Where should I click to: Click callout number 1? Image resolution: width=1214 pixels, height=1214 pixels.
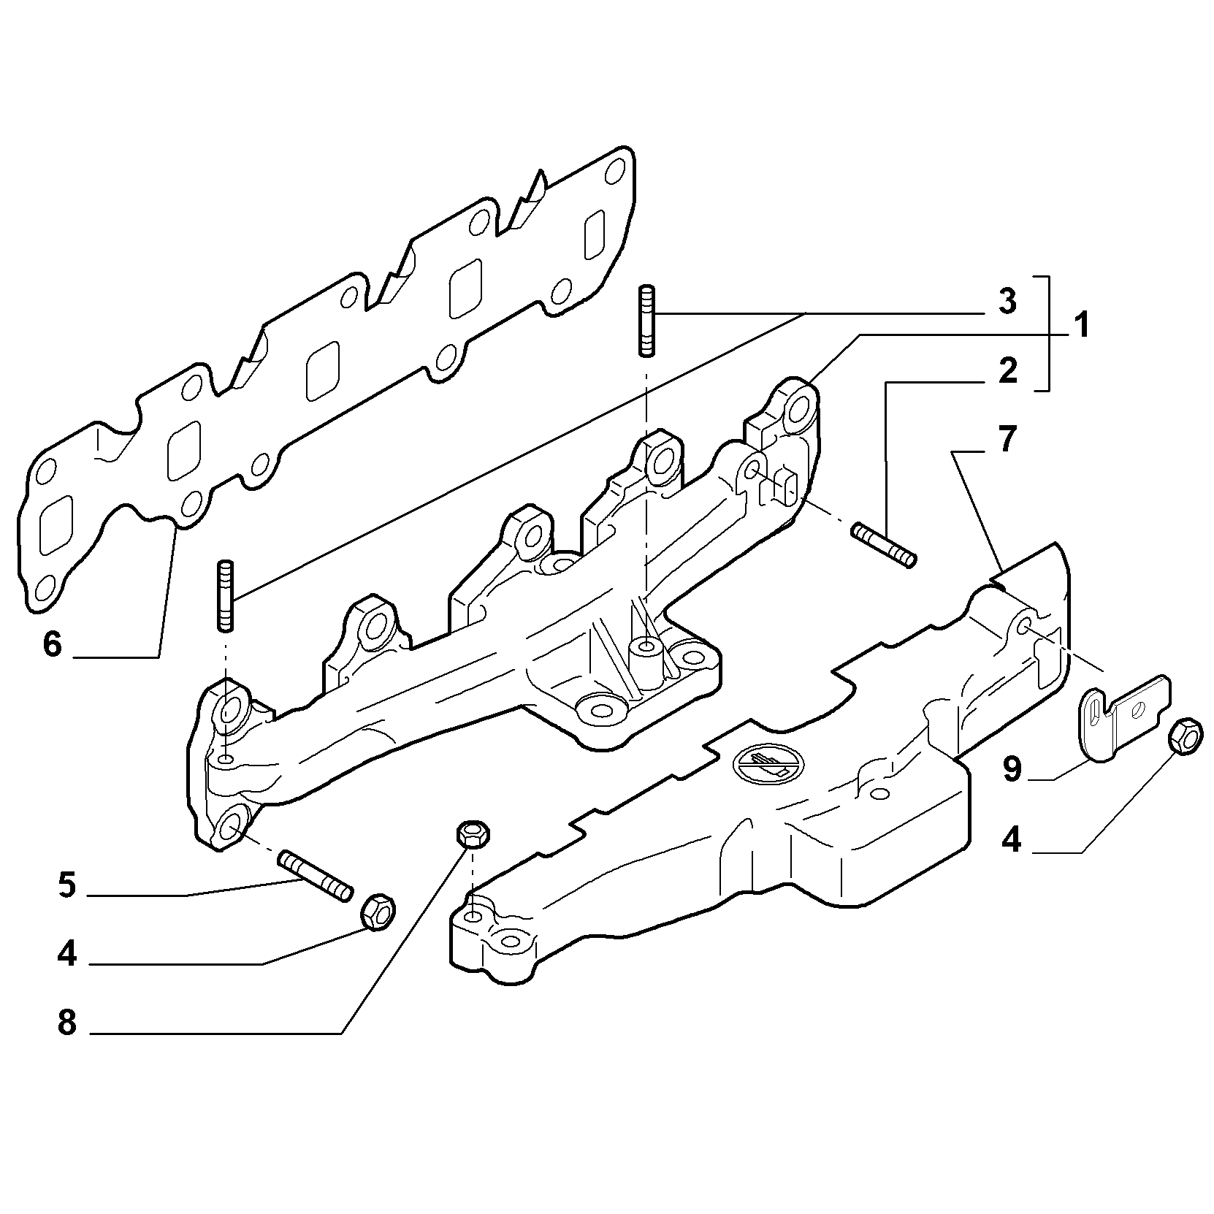tap(1080, 326)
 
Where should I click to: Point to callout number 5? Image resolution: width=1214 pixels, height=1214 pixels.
tap(66, 885)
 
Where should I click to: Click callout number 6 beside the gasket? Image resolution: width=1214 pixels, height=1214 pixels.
tap(53, 644)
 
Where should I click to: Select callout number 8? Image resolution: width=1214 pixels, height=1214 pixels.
tap(66, 1022)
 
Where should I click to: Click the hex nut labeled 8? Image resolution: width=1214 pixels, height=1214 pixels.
tap(473, 833)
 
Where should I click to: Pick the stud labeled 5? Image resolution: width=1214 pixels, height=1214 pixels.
tap(316, 875)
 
